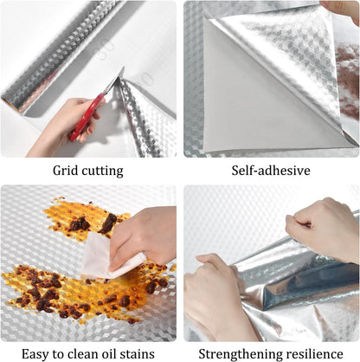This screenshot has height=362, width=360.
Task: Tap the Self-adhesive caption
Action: tap(271, 171)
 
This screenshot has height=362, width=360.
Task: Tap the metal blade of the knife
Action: tap(114, 81)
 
